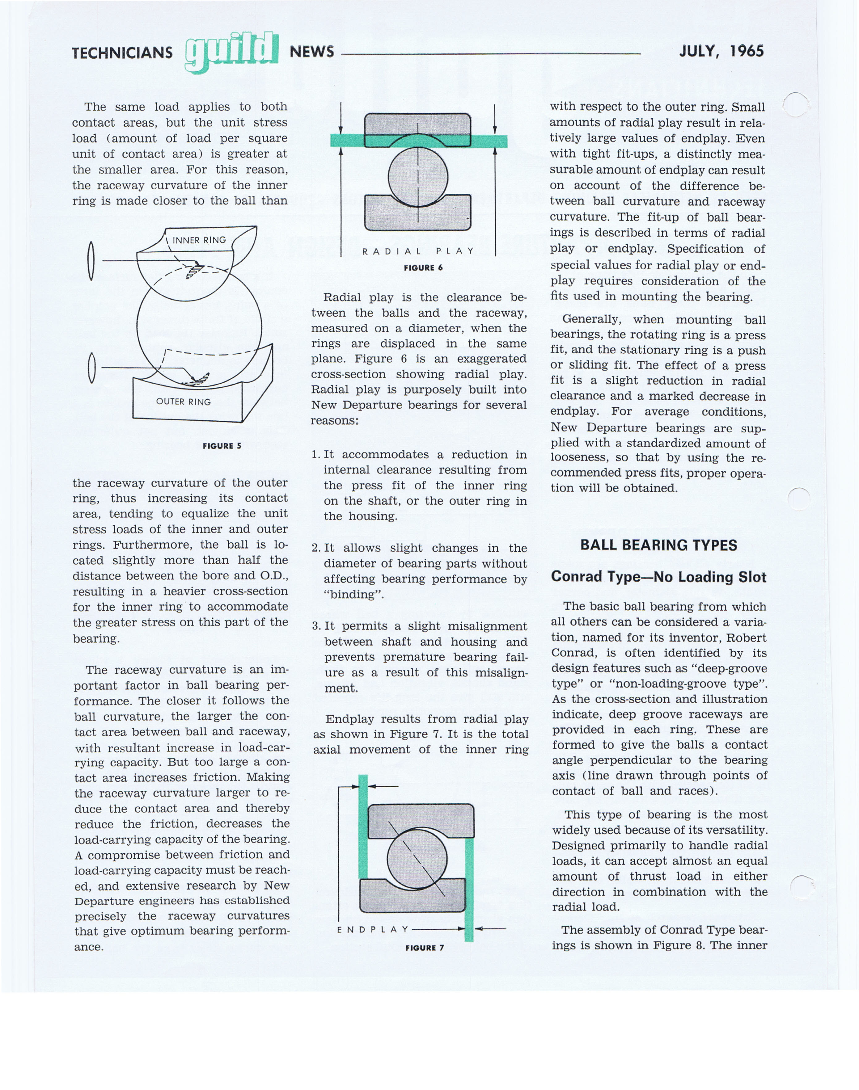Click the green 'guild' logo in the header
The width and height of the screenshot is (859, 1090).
231,52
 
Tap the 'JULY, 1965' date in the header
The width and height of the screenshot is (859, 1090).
721,51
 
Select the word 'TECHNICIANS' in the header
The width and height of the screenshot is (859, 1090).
122,53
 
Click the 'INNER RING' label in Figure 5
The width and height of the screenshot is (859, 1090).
199,240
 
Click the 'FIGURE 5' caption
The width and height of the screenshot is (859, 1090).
222,446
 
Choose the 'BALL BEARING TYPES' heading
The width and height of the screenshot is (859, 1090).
658,545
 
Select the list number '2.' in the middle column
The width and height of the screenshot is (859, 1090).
316,548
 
